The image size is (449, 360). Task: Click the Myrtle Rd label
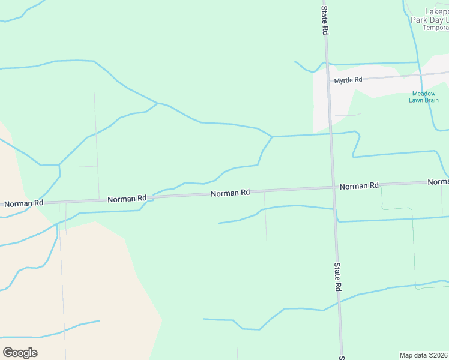tap(348, 80)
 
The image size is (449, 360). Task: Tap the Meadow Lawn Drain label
tap(424, 97)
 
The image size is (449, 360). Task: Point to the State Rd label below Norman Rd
tap(337, 277)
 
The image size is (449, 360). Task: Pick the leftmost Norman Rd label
tap(23, 203)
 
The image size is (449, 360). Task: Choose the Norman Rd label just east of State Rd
tap(359, 186)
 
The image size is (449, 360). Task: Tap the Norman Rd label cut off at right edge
tap(438, 181)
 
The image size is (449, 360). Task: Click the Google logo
tap(20, 353)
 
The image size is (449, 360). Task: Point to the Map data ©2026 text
tap(424, 355)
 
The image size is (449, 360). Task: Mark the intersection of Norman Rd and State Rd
tap(333, 187)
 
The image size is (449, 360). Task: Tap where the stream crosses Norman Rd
tap(150, 196)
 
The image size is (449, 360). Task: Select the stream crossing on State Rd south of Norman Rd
tap(334, 209)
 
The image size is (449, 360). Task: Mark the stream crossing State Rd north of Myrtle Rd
tap(327, 64)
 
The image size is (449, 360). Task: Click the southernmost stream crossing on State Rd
tap(340, 301)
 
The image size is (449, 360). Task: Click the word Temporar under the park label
tap(436, 28)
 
